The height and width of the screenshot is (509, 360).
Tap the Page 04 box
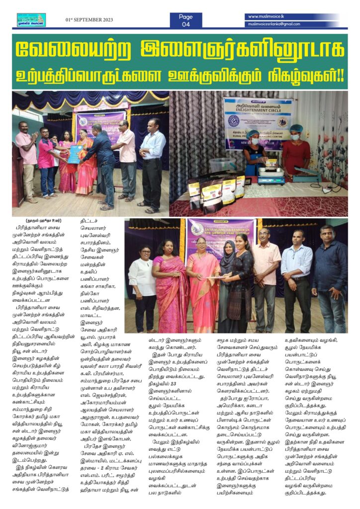pyautogui.click(x=185, y=20)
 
